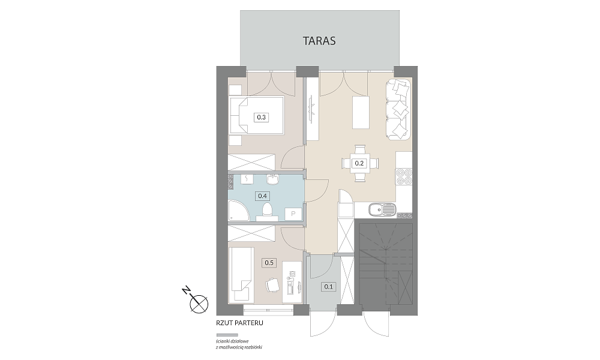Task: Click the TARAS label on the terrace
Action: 319,41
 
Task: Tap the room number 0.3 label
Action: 262,117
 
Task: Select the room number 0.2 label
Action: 359,163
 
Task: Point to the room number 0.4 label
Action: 262,196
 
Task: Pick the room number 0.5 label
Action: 269,263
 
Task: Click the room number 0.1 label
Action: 328,287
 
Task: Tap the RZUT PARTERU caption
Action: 239,323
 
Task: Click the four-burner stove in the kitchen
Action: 404,177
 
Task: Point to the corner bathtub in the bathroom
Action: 238,211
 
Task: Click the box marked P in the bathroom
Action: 293,214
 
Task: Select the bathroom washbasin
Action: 273,179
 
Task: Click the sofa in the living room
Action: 398,109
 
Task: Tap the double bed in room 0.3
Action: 256,116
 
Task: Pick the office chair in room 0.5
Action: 272,284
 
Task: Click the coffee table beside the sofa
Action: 361,113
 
